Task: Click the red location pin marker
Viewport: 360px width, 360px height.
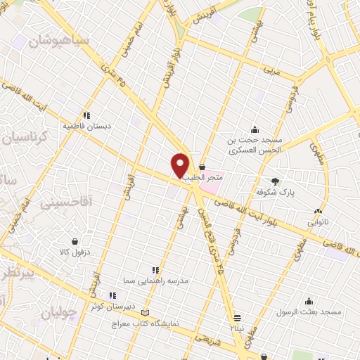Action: point(181,165)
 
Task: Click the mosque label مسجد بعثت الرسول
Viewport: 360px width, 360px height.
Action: point(309,311)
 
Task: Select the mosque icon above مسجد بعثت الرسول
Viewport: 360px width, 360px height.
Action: point(309,301)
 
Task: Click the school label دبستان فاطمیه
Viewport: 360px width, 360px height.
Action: point(87,127)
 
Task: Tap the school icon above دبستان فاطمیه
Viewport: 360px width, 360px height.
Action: point(87,115)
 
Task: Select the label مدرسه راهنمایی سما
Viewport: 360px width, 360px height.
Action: point(156,281)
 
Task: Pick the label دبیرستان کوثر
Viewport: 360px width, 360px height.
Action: point(106,307)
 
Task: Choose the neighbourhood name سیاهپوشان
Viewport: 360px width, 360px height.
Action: point(59,40)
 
